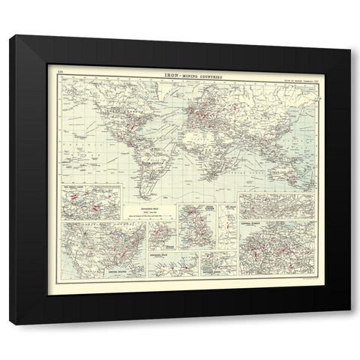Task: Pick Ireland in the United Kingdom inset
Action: point(187,225)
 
